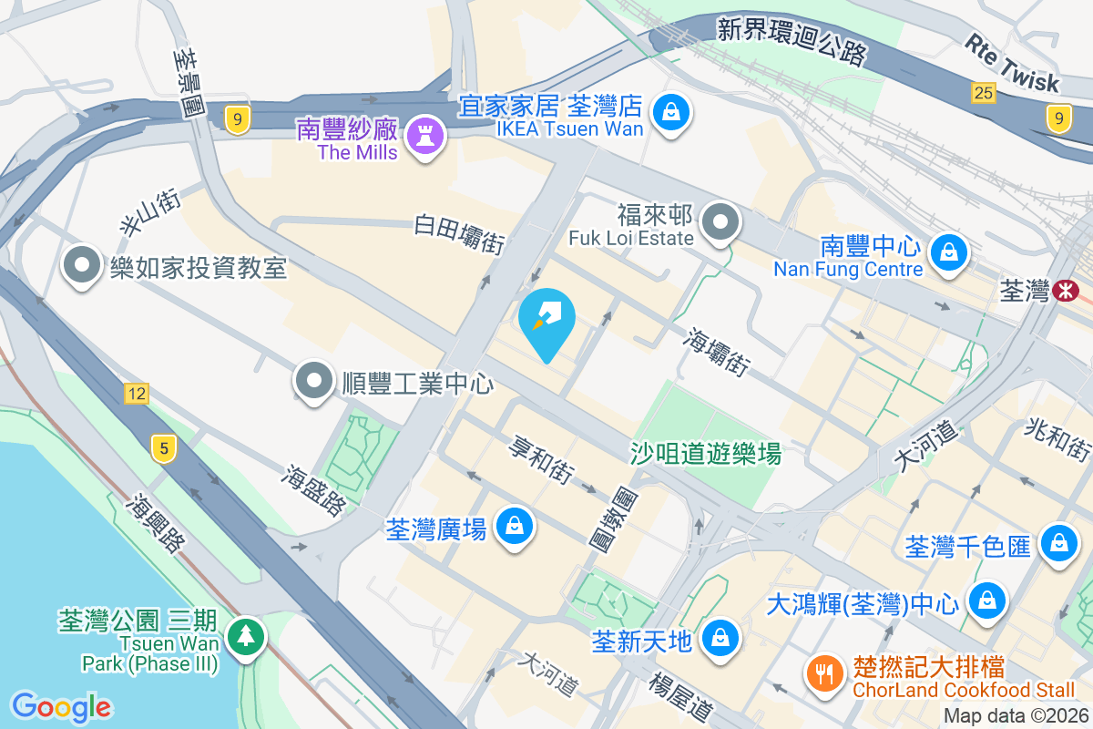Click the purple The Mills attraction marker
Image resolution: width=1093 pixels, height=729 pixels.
424,137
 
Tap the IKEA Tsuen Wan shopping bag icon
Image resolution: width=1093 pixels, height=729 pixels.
670,112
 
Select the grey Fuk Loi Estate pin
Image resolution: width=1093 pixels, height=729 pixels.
721,222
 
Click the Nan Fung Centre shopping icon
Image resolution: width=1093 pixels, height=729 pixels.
949,250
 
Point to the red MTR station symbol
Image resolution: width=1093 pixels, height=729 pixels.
1063,291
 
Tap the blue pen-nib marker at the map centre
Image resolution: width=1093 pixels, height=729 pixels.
546,320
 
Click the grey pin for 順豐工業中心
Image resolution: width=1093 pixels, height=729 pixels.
315,381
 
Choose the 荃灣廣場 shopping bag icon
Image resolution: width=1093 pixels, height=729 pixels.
515,526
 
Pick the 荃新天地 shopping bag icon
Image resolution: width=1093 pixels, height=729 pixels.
720,637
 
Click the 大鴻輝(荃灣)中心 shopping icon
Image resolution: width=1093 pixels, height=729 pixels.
986,600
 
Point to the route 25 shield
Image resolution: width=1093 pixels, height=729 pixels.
983,92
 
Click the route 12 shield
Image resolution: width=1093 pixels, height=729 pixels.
137,394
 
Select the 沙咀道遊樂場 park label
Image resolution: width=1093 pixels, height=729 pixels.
706,453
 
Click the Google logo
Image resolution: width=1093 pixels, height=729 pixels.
61,707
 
